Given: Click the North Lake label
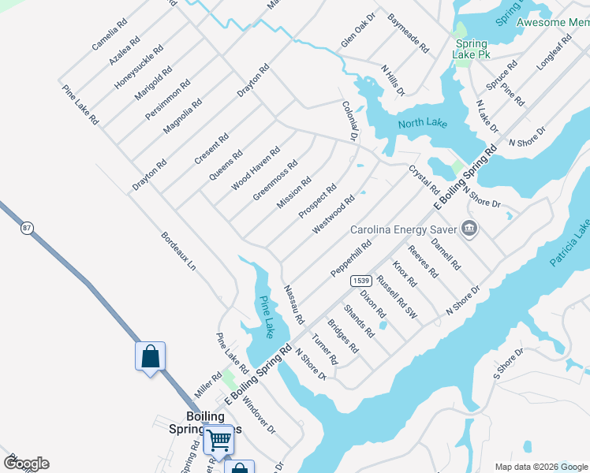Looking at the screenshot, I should coord(422,122).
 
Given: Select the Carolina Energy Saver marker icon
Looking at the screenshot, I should coord(469,229).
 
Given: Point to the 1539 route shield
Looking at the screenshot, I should coord(361,281).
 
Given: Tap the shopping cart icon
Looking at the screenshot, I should coord(218,439).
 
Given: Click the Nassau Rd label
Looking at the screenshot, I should coord(293,304).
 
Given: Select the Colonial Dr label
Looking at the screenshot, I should coord(350,121).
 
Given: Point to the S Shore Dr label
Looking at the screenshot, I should coord(509,363).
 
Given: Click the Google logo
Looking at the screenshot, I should coord(26,464).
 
